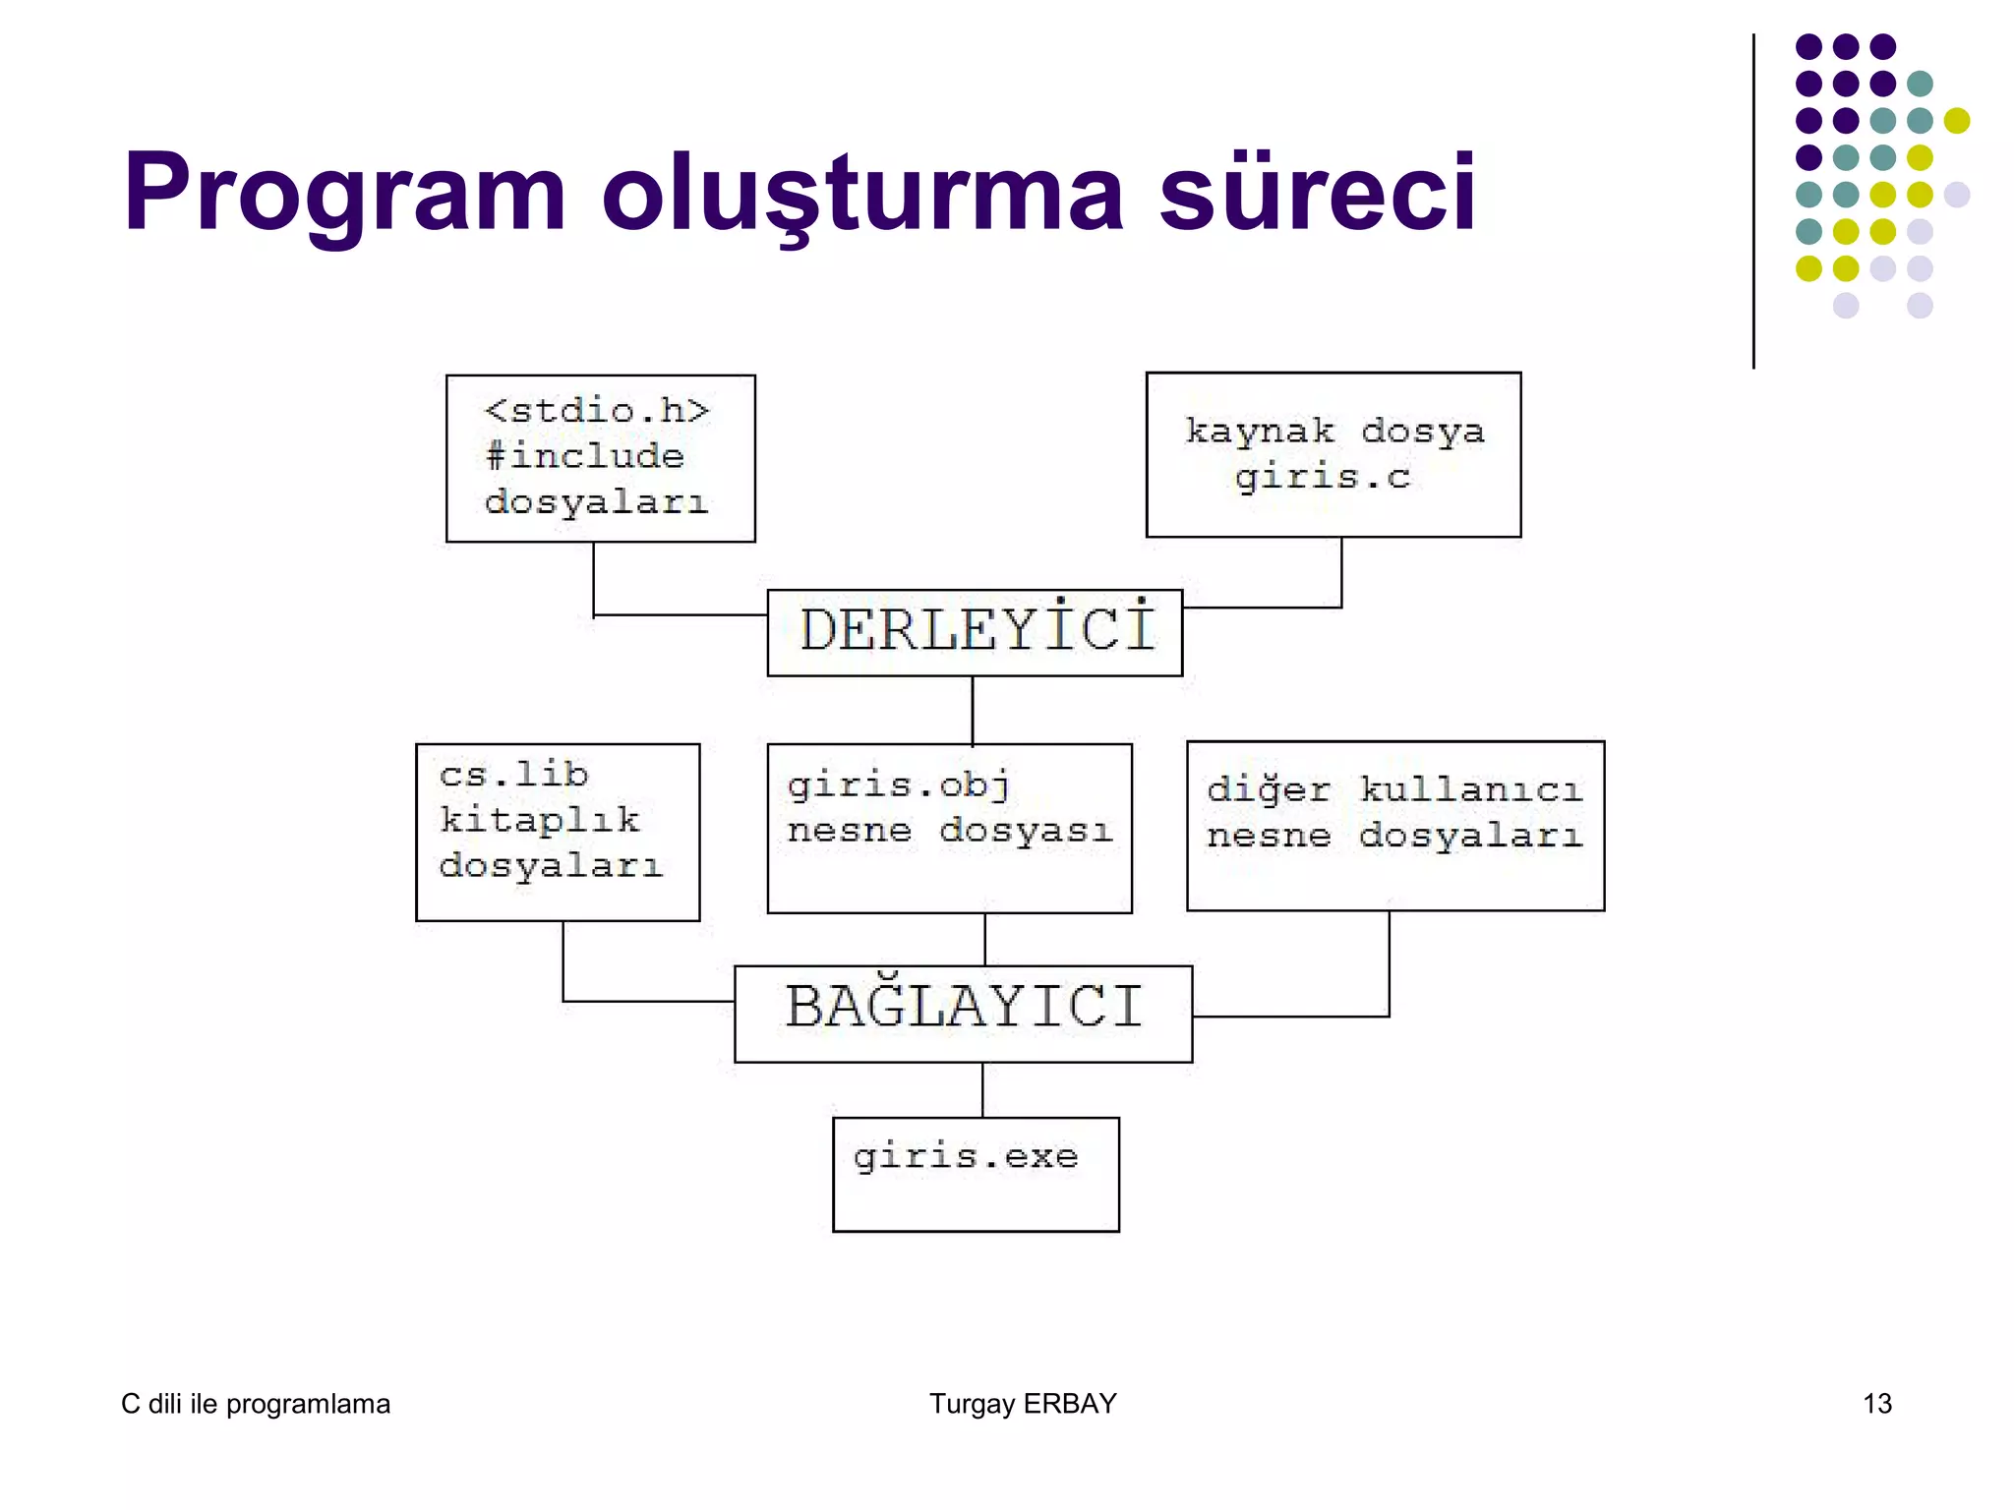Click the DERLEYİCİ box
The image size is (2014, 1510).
coord(975,632)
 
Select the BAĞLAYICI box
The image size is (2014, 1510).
coord(963,1013)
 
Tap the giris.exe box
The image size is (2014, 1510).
coord(975,1173)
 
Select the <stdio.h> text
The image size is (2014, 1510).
coord(596,411)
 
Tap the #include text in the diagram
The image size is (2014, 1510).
coord(584,456)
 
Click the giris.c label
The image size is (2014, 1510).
coord(1323,479)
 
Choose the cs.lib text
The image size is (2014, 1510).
coord(513,775)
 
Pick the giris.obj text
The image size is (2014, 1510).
coord(898,785)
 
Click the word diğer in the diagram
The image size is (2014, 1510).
coord(1268,789)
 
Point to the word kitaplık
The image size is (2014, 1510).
coord(539,820)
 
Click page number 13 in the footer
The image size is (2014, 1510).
coord(1876,1404)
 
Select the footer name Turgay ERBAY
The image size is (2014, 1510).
coord(1023,1404)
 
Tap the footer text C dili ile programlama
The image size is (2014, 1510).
coord(256,1404)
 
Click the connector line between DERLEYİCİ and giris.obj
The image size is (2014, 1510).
coord(973,710)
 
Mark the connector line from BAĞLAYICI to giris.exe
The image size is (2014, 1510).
coord(982,1089)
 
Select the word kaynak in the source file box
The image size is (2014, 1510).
coord(1260,432)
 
